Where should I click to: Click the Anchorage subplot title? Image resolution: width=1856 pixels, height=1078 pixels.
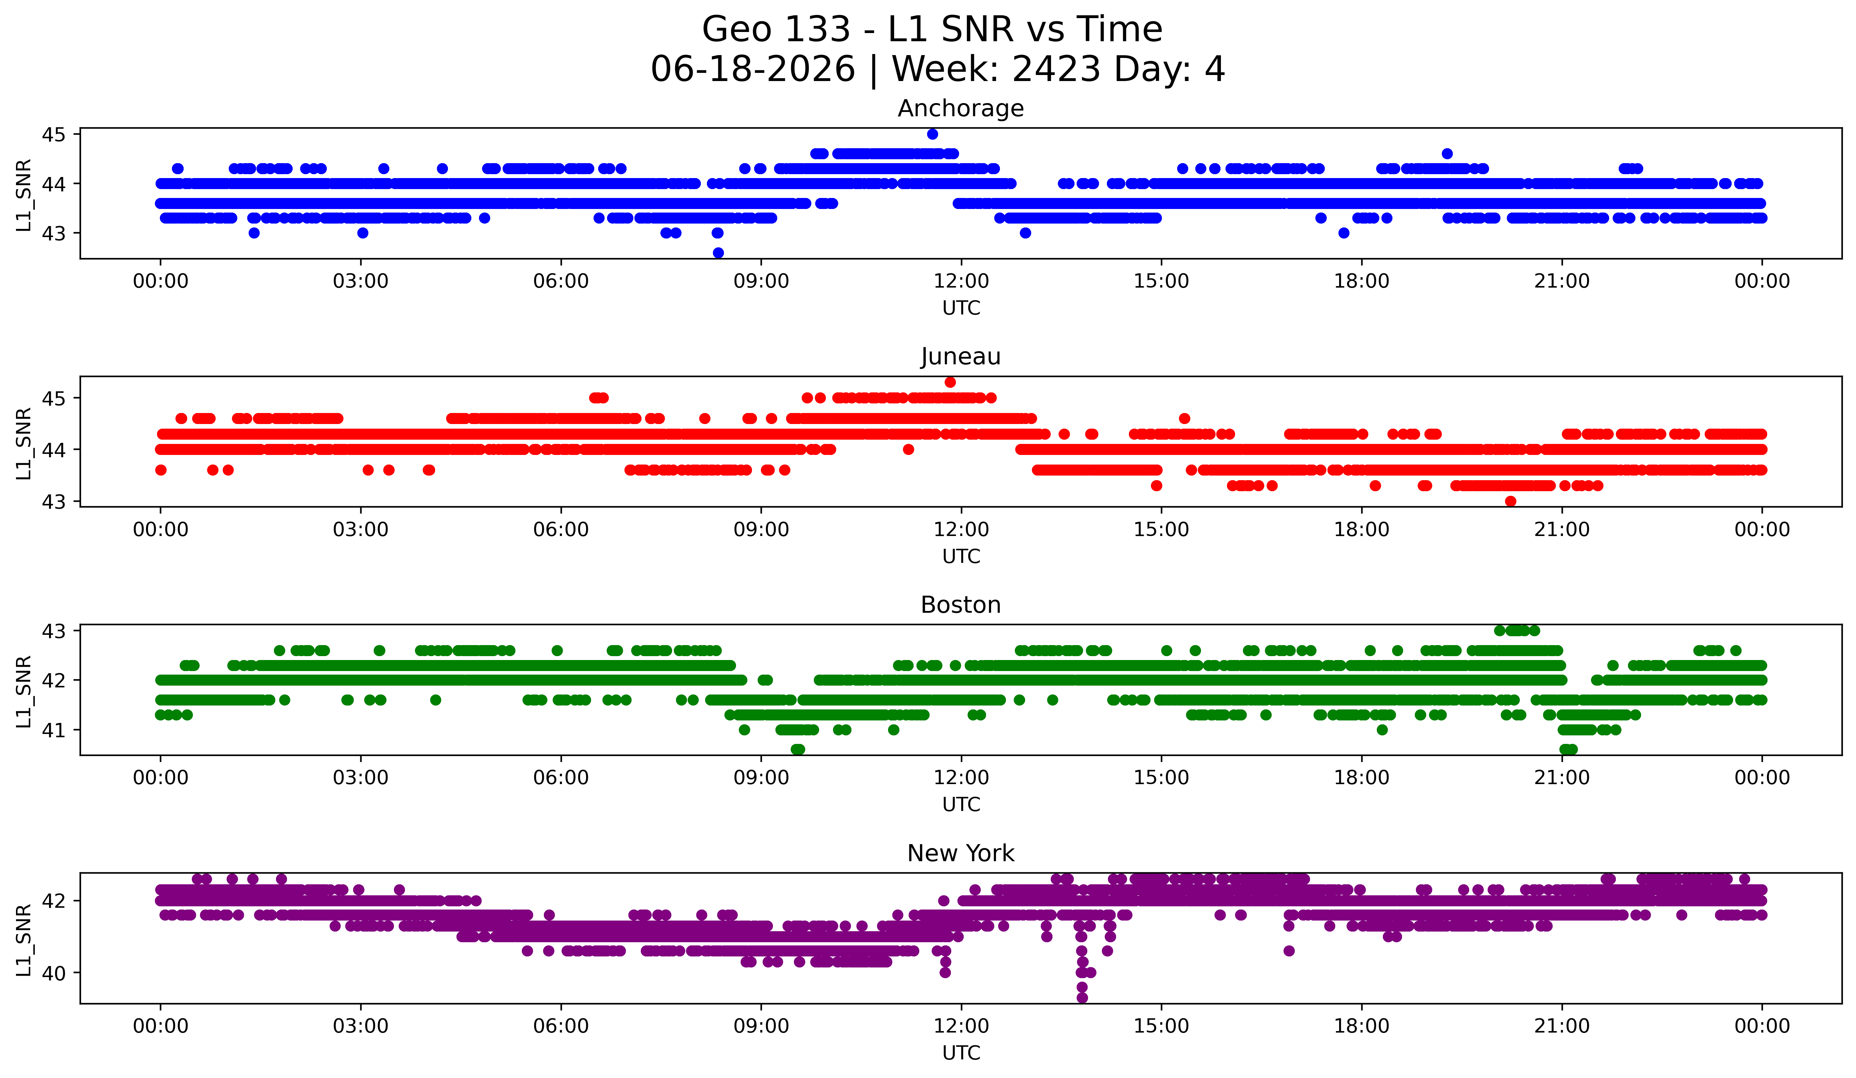[x=961, y=108]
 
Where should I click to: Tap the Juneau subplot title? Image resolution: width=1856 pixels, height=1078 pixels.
[x=961, y=356]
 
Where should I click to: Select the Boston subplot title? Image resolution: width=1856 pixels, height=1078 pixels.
[x=961, y=605]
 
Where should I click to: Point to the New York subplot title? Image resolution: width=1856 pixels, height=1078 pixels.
[x=961, y=853]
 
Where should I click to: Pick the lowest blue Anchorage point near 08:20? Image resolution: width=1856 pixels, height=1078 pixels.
[x=718, y=253]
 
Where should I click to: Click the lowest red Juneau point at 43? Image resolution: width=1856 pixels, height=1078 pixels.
[x=1511, y=501]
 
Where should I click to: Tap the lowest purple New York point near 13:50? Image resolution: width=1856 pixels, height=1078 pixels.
[x=1082, y=998]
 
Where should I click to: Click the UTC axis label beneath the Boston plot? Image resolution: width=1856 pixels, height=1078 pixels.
[x=961, y=805]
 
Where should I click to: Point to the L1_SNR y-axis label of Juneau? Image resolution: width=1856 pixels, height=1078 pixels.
[x=23, y=444]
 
